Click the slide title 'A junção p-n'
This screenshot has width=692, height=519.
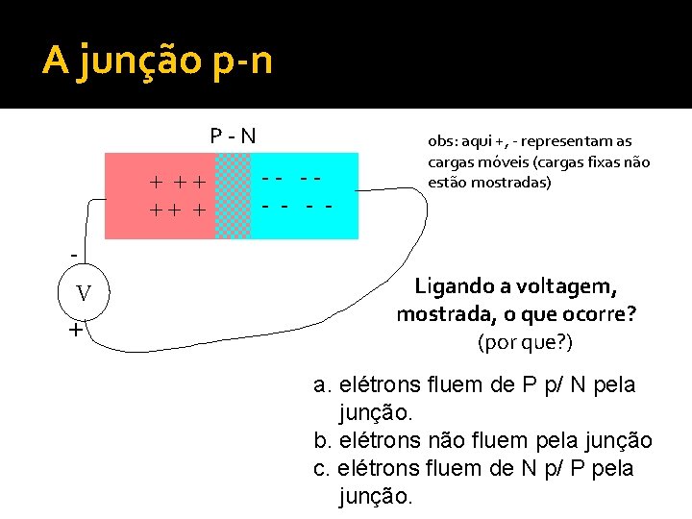pyautogui.click(x=158, y=61)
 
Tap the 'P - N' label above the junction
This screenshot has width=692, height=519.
pyautogui.click(x=234, y=136)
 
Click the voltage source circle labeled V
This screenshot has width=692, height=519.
pyautogui.click(x=84, y=293)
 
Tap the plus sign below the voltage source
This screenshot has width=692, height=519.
pyautogui.click(x=75, y=332)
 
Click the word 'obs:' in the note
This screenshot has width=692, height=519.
pyautogui.click(x=445, y=140)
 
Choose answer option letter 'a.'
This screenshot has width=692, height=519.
pyautogui.click(x=324, y=385)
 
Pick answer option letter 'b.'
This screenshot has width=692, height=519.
pyautogui.click(x=324, y=441)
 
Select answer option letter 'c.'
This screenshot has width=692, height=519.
pyautogui.click(x=323, y=469)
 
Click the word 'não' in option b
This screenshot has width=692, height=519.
pyautogui.click(x=437, y=441)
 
